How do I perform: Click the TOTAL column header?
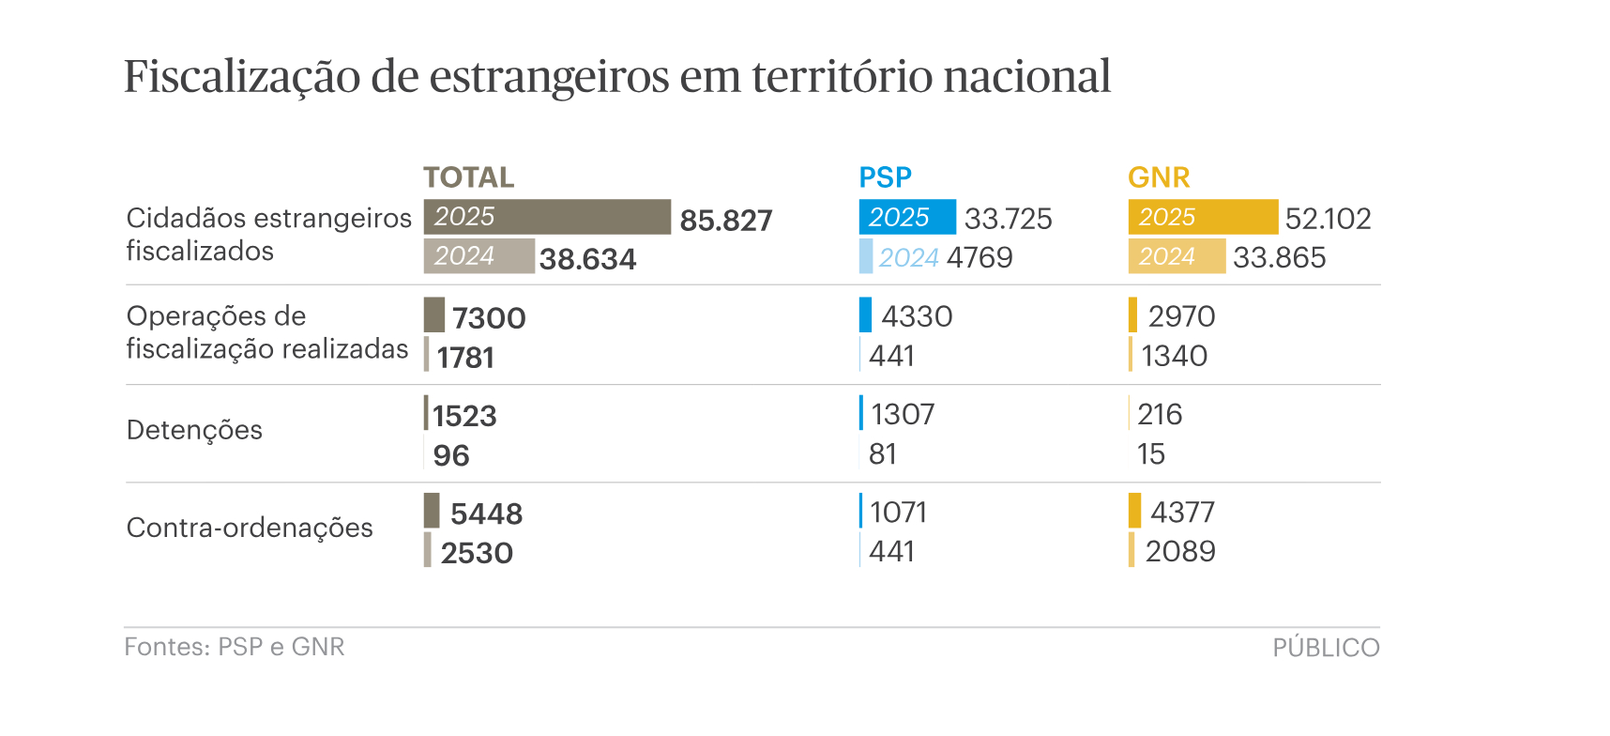pyautogui.click(x=468, y=177)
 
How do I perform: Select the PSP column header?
pyautogui.click(x=885, y=177)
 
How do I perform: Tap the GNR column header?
pyautogui.click(x=1158, y=177)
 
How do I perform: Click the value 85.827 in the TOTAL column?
pyautogui.click(x=725, y=221)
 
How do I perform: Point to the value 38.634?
pyautogui.click(x=587, y=259)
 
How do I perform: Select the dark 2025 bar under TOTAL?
pyautogui.click(x=547, y=217)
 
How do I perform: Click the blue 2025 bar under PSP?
pyautogui.click(x=906, y=217)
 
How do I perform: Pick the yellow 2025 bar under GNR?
pyautogui.click(x=1202, y=217)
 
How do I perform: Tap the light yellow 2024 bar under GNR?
pyautogui.click(x=1176, y=256)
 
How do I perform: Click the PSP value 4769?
pyautogui.click(x=980, y=257)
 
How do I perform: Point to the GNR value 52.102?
pyautogui.click(x=1328, y=219)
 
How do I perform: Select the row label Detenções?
pyautogui.click(x=194, y=430)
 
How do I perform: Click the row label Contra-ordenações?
pyautogui.click(x=250, y=528)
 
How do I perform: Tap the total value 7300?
pyautogui.click(x=489, y=318)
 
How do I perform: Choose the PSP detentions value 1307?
pyautogui.click(x=903, y=414)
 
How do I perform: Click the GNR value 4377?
pyautogui.click(x=1182, y=512)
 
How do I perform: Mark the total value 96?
pyautogui.click(x=450, y=455)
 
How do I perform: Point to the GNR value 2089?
pyautogui.click(x=1180, y=551)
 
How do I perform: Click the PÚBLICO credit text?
pyautogui.click(x=1325, y=648)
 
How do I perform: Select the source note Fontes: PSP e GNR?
pyautogui.click(x=235, y=647)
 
